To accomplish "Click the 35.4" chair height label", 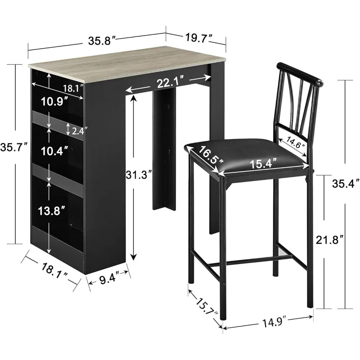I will pos(346,184).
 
